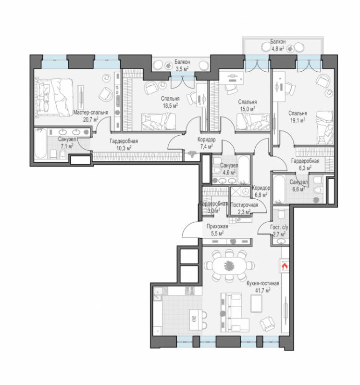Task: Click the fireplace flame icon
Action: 285,266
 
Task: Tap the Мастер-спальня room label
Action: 91,113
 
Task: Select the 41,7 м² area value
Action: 262,291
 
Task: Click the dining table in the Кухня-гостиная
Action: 229,266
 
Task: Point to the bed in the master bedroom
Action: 54,97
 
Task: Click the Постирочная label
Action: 244,205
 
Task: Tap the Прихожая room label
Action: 217,226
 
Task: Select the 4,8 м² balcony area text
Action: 278,49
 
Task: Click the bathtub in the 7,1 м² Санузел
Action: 40,144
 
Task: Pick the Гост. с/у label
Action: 279,227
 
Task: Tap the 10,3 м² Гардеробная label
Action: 124,141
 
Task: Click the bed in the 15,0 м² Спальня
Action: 253,122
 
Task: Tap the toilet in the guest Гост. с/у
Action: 280,213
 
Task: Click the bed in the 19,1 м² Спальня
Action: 325,128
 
